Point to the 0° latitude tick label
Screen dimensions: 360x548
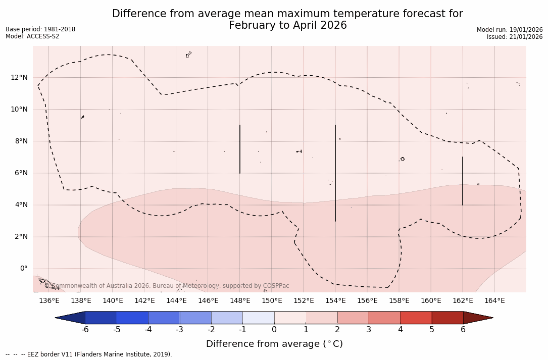coord(24,268)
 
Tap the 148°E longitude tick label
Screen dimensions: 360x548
coord(240,300)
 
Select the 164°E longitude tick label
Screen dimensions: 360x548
coord(494,300)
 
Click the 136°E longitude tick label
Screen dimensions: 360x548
coord(49,300)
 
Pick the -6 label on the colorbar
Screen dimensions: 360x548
coord(85,330)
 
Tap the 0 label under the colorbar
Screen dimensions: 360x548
coord(274,330)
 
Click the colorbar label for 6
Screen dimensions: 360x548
coord(463,330)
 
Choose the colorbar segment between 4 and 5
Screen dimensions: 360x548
coord(416,318)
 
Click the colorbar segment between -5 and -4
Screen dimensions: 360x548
coord(132,318)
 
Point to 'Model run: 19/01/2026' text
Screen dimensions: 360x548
coord(510,30)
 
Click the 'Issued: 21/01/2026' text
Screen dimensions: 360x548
coord(515,37)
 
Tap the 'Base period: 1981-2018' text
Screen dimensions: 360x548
coord(40,29)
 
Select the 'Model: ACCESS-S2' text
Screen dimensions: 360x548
coord(32,36)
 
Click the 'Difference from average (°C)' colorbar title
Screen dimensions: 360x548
coord(274,344)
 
